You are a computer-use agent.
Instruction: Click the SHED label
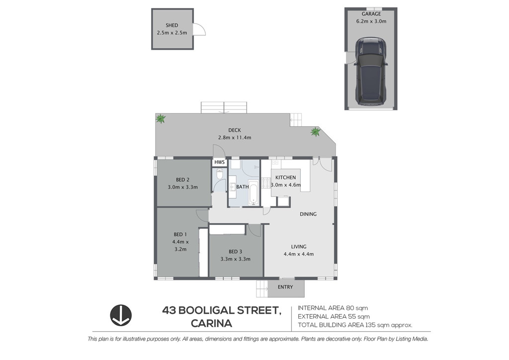pyautogui.click(x=171, y=25)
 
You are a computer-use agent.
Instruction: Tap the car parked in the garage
pyautogui.click(x=371, y=72)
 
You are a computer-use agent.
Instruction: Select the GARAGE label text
pyautogui.click(x=371, y=14)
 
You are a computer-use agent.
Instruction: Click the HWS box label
pyautogui.click(x=219, y=162)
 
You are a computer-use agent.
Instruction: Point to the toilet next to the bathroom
pyautogui.click(x=220, y=174)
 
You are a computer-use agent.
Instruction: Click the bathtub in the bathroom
pyautogui.click(x=253, y=192)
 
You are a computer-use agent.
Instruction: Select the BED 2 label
pyautogui.click(x=183, y=180)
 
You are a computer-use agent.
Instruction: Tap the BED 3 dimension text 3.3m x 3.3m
pyautogui.click(x=235, y=259)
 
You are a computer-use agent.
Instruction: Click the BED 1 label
pyautogui.click(x=180, y=234)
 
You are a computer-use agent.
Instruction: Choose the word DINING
pyautogui.click(x=308, y=214)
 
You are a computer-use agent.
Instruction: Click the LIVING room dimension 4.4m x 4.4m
pyautogui.click(x=299, y=254)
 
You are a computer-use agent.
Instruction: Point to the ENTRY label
pyautogui.click(x=285, y=287)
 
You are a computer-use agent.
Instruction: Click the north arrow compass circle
pyautogui.click(x=121, y=315)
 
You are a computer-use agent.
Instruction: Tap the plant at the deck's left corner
pyautogui.click(x=161, y=119)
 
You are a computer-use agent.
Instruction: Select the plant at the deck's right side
pyautogui.click(x=315, y=132)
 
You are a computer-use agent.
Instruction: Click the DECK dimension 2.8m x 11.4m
pyautogui.click(x=235, y=138)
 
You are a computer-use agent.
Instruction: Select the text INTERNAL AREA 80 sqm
pyautogui.click(x=333, y=308)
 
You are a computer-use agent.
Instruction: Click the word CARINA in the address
pyautogui.click(x=211, y=324)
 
